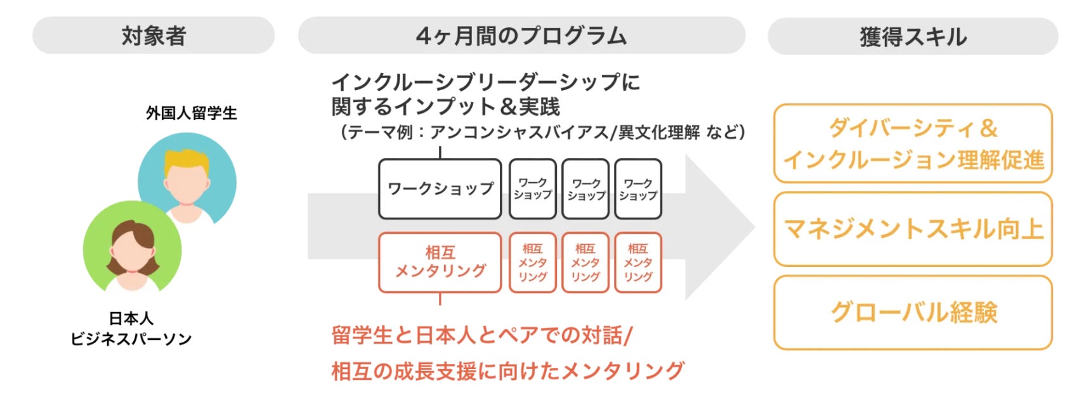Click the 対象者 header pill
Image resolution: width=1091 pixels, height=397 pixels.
[153, 36]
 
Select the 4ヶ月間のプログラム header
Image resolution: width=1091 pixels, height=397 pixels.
[521, 36]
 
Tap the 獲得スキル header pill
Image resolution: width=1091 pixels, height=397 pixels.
[912, 37]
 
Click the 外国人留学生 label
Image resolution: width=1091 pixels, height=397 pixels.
[191, 114]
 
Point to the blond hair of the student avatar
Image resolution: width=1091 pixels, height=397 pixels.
[186, 161]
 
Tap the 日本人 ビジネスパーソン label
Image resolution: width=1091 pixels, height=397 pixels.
[131, 329]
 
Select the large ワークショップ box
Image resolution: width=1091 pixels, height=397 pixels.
[440, 189]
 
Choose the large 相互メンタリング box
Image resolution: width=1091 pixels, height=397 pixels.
[440, 262]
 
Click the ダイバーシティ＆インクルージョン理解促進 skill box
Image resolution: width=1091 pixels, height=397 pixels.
[912, 144]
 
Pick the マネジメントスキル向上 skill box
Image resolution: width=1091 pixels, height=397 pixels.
[912, 229]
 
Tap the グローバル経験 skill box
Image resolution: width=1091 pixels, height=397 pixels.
[912, 312]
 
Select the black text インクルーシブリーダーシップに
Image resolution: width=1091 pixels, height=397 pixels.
[485, 82]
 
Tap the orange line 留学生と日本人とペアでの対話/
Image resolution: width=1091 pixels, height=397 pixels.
[482, 335]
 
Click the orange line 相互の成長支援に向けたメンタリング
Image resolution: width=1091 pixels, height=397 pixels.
[507, 370]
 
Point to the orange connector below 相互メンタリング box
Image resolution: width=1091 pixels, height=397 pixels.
[440, 299]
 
